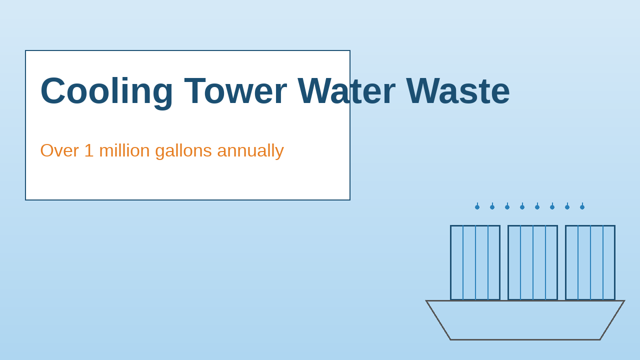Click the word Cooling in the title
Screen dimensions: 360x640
(106, 91)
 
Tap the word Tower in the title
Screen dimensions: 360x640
(235, 91)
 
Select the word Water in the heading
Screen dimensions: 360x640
(346, 91)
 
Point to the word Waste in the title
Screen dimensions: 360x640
(457, 91)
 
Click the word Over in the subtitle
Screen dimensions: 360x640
(59, 150)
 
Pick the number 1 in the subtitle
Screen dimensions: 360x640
(88, 150)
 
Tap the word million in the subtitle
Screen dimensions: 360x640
(124, 150)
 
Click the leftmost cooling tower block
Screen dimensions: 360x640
(475, 262)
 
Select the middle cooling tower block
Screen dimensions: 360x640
(532, 262)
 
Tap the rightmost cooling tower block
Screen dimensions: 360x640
(590, 262)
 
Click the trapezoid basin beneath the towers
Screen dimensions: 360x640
(525, 320)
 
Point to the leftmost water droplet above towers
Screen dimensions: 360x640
(477, 206)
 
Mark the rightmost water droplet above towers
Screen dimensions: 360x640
(582, 206)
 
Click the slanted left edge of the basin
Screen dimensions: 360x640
(438, 320)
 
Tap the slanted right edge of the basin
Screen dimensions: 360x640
(612, 320)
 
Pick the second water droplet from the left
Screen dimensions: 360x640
(492, 206)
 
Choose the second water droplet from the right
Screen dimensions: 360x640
(567, 206)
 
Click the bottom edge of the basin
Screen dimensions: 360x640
(525, 339)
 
